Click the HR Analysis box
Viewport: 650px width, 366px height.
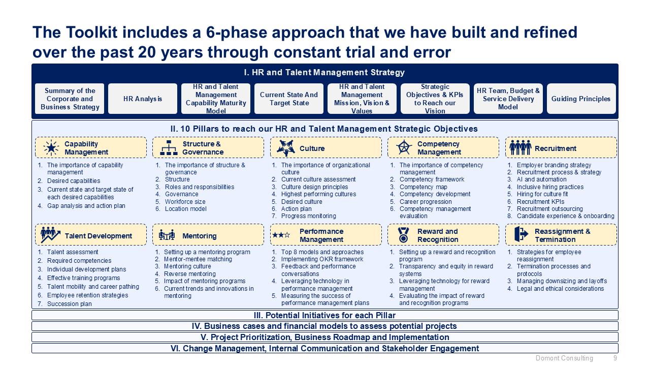point(143,99)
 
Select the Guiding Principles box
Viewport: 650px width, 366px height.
point(581,99)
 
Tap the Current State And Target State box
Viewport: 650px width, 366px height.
point(289,99)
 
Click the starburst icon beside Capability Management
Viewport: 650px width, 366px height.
point(51,147)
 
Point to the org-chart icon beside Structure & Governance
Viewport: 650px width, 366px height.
point(169,147)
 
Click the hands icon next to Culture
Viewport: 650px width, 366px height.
point(286,147)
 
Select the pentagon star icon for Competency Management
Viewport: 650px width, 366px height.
point(404,147)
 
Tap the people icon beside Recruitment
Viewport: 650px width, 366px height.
point(521,147)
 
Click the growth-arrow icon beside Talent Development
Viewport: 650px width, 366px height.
point(50,235)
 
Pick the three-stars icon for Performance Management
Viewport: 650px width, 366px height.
point(281,235)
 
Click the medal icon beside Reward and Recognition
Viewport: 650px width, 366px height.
point(403,235)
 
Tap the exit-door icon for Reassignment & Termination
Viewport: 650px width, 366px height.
point(521,234)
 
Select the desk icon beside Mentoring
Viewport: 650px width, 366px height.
point(167,235)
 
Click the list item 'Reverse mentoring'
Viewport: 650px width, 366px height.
point(190,273)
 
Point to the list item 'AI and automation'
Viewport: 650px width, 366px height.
point(541,179)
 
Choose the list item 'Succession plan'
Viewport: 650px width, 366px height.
point(70,304)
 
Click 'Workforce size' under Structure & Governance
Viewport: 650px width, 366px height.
point(185,202)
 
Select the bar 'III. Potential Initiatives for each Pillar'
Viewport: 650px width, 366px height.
point(324,315)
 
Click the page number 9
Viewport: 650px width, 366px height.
point(615,358)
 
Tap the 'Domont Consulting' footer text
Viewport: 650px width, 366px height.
point(564,358)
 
